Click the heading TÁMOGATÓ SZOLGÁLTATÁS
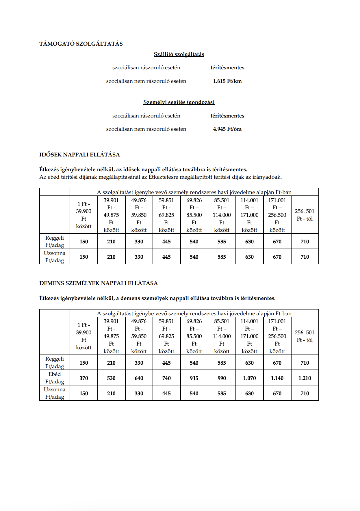pyautogui.click(x=81, y=44)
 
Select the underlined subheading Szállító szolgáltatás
pyautogui.click(x=179, y=54)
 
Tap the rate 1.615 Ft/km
pyautogui.click(x=227, y=81)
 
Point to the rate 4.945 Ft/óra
pyautogui.click(x=227, y=129)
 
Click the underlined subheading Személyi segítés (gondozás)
pyautogui.click(x=179, y=102)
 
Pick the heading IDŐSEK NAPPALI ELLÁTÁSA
pyautogui.click(x=79, y=155)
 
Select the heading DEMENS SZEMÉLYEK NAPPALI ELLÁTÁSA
pyautogui.click(x=99, y=283)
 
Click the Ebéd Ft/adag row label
pyautogui.click(x=55, y=378)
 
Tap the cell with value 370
pyautogui.click(x=83, y=378)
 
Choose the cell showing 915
pyautogui.click(x=194, y=378)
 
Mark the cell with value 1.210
pyautogui.click(x=305, y=378)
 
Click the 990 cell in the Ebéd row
pyautogui.click(x=222, y=378)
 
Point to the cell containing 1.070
pyautogui.click(x=249, y=378)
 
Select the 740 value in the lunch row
pyautogui.click(x=166, y=378)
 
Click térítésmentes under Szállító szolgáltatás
pyautogui.click(x=227, y=68)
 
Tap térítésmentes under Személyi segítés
pyautogui.click(x=227, y=116)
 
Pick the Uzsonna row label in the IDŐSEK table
pyautogui.click(x=55, y=257)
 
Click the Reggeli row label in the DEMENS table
pyautogui.click(x=55, y=363)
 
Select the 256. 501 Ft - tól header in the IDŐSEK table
pyautogui.click(x=305, y=215)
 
